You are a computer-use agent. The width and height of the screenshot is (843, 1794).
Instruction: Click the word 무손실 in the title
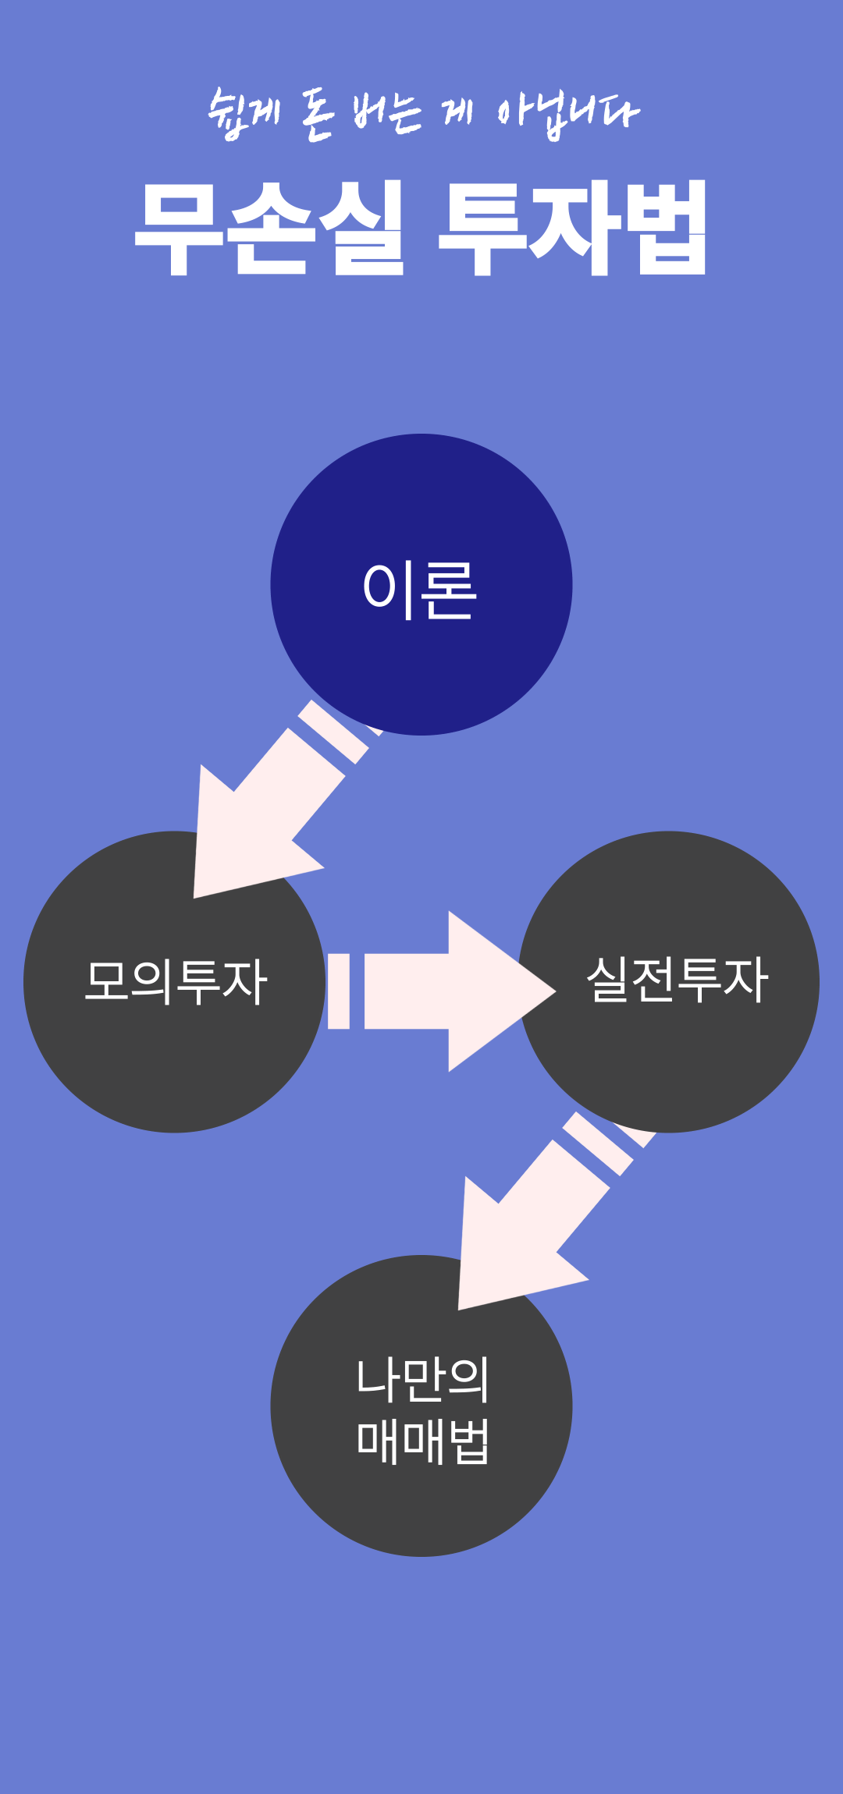269,227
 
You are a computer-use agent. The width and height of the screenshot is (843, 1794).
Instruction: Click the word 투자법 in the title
572,227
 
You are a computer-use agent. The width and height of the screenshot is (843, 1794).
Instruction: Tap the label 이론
420,590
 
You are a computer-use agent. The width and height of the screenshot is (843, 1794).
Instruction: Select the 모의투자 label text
176,981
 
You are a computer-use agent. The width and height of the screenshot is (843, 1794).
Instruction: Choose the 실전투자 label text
677,980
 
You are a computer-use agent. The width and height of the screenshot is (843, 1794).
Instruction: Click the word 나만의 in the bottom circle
422,1379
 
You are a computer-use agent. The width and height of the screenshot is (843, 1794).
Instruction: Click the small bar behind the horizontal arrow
339,991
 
